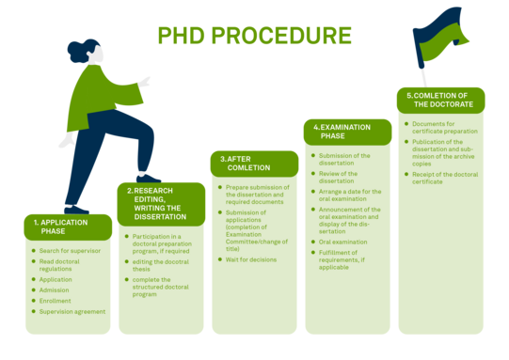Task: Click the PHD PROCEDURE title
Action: click(x=254, y=36)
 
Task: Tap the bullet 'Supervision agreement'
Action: click(x=72, y=311)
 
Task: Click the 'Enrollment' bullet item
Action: click(x=56, y=301)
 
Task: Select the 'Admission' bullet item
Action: click(x=55, y=290)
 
